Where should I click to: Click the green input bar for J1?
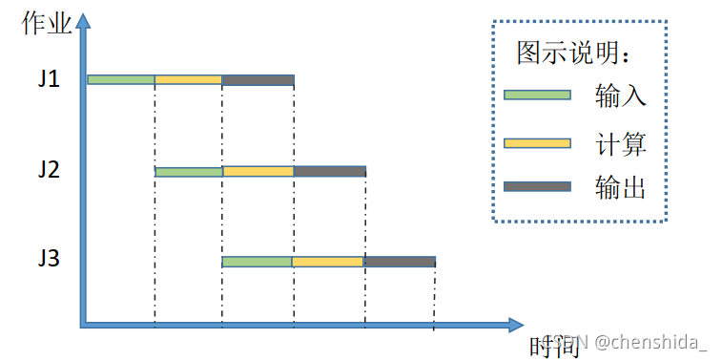121,79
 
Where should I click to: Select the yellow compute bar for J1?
188,79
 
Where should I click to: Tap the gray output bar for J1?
258,79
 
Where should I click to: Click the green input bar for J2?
189,172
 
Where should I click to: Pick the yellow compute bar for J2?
258,172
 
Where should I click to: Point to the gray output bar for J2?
329,172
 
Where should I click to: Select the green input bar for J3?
257,262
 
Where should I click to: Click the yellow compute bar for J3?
327,262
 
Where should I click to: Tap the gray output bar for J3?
400,262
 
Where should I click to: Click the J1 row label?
50,79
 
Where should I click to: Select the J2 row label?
50,171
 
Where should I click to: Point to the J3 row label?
50,261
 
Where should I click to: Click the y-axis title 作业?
46,23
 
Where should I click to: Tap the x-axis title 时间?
554,345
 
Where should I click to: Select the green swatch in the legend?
537,96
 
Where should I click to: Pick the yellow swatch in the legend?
537,143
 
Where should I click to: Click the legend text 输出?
620,188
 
